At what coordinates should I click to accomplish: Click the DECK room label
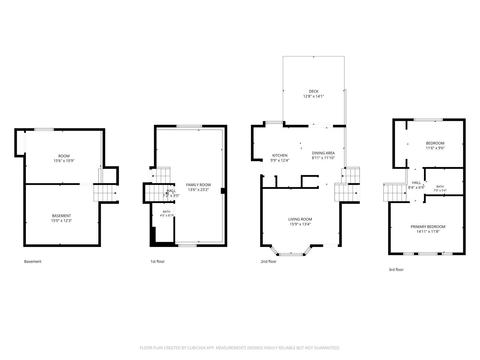(x=313, y=91)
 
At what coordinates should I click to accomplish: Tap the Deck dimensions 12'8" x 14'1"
(x=313, y=96)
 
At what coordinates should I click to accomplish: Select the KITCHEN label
(x=280, y=155)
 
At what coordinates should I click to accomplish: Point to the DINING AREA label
(x=323, y=153)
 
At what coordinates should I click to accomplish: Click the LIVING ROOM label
(x=300, y=219)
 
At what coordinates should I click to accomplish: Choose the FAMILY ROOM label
(x=198, y=185)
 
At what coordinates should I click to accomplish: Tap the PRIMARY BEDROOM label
(x=428, y=227)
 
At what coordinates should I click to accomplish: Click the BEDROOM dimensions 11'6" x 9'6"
(x=435, y=148)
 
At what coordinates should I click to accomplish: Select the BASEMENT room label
(x=61, y=216)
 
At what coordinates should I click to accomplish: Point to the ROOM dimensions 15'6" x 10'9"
(x=64, y=161)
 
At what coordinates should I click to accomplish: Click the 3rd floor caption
(x=396, y=270)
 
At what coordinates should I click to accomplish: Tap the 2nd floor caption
(x=268, y=261)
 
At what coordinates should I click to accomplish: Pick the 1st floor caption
(x=157, y=261)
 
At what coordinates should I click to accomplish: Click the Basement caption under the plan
(x=33, y=261)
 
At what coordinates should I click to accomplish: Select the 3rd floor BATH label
(x=440, y=186)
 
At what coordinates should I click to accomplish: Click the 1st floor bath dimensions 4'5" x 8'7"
(x=166, y=215)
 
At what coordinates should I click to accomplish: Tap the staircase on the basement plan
(x=105, y=193)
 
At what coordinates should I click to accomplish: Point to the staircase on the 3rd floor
(x=395, y=193)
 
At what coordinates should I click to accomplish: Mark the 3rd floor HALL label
(x=416, y=183)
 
